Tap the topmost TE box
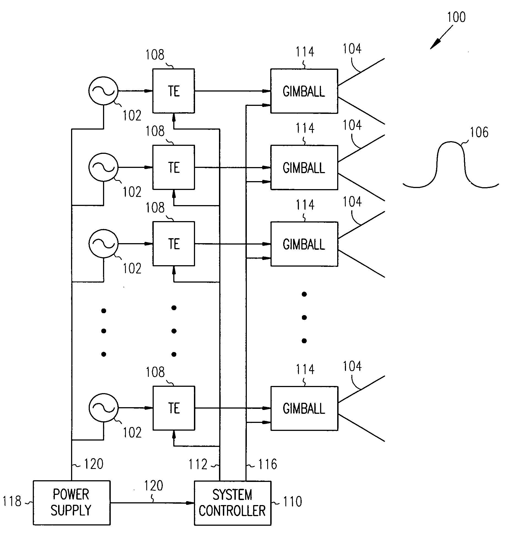coord(174,91)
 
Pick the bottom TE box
coord(174,408)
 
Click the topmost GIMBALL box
coord(304,91)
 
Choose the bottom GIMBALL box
coord(304,408)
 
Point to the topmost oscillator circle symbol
coord(103,91)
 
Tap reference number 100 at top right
coord(456,17)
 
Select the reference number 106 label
coord(479,132)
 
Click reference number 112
coord(198,464)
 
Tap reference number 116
coord(267,464)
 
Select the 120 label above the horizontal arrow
coord(154,485)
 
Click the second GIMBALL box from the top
coord(304,168)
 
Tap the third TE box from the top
coord(174,244)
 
